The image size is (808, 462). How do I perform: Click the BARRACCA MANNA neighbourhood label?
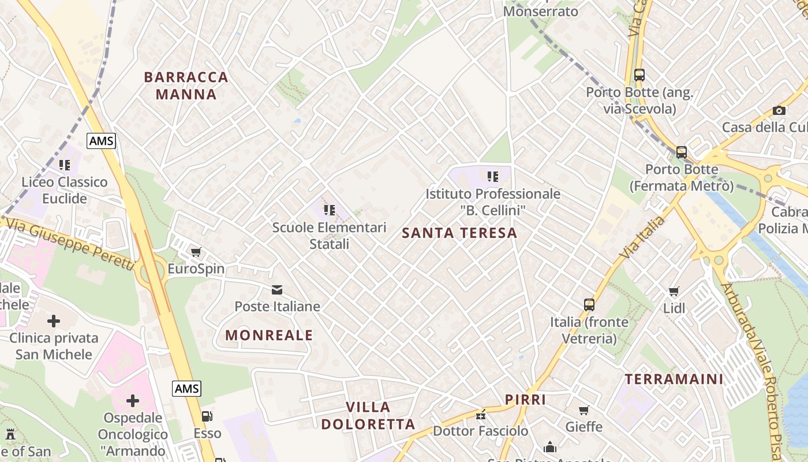pyautogui.click(x=186, y=85)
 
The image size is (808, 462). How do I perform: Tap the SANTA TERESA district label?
pyautogui.click(x=459, y=233)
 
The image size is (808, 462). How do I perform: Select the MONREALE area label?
pyautogui.click(x=269, y=335)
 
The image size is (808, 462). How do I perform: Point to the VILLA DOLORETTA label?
pyautogui.click(x=368, y=416)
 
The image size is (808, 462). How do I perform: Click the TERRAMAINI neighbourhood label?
pyautogui.click(x=674, y=379)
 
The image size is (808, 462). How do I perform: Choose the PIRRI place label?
pyautogui.click(x=525, y=400)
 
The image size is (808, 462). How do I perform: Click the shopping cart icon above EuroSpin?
pyautogui.click(x=196, y=252)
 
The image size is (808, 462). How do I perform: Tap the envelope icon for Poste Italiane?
pyautogui.click(x=277, y=289)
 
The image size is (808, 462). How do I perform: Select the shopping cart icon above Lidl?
pyautogui.click(x=674, y=292)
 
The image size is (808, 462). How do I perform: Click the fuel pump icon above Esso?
pyautogui.click(x=207, y=416)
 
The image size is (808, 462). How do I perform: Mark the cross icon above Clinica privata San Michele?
pyautogui.click(x=54, y=321)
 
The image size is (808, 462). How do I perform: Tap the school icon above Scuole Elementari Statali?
pyautogui.click(x=329, y=210)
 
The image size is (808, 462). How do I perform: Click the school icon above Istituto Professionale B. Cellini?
pyautogui.click(x=492, y=176)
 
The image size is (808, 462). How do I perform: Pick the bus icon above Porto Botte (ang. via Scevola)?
pyautogui.click(x=639, y=75)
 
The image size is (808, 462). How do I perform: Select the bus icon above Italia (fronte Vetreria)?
pyautogui.click(x=589, y=304)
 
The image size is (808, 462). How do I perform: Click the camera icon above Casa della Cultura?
pyautogui.click(x=779, y=110)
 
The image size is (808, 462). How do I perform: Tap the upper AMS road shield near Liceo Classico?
pyautogui.click(x=102, y=140)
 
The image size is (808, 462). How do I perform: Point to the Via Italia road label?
pyautogui.click(x=641, y=236)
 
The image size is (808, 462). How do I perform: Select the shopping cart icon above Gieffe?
pyautogui.click(x=583, y=410)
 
